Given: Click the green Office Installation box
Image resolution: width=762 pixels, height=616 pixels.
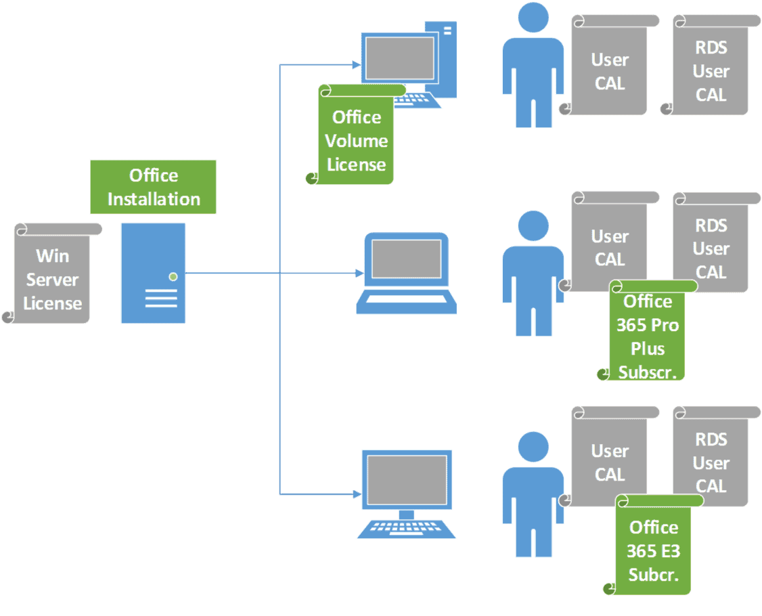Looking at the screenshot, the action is click(153, 187).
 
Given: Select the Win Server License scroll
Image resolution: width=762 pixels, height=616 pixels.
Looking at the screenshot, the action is click(53, 273).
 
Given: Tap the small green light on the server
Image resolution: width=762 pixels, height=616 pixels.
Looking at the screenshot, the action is click(173, 277).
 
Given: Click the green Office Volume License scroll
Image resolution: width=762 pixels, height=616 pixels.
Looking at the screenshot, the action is click(356, 135).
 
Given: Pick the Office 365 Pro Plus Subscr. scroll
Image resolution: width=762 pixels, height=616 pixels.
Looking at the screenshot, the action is click(648, 330).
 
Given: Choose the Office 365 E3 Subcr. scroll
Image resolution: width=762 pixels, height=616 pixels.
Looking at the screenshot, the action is click(654, 544).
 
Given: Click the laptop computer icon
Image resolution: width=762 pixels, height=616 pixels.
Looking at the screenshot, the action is click(406, 273).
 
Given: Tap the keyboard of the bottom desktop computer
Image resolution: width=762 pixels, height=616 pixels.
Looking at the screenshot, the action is click(406, 529).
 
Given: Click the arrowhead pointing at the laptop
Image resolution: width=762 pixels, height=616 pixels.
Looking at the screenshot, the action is click(359, 273).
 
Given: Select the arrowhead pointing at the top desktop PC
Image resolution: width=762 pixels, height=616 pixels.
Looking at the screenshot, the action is click(357, 64).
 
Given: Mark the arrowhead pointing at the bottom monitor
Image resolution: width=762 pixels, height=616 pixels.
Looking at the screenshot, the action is click(357, 494).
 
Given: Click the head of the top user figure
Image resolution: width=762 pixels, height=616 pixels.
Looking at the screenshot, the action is click(533, 18).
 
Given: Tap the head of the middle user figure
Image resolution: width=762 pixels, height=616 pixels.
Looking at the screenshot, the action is click(533, 225).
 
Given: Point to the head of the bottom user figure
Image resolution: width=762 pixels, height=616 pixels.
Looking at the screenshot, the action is click(533, 446).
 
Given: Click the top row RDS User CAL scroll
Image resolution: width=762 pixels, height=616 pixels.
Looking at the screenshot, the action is click(711, 65).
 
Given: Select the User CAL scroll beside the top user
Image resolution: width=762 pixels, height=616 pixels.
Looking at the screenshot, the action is click(610, 65).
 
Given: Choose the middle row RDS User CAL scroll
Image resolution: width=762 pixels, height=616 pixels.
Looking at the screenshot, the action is click(711, 242).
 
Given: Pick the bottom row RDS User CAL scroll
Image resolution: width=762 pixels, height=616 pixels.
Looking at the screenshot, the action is click(711, 456).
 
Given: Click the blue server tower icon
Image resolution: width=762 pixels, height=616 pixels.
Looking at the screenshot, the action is click(153, 273).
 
